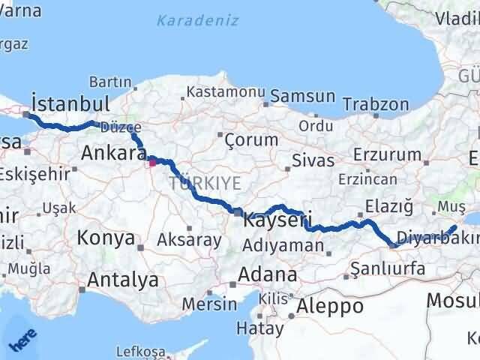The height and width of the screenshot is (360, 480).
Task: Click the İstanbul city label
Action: point(70,103)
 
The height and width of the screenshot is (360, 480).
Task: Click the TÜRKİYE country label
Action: point(205,183)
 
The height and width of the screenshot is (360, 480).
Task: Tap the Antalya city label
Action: point(123,280)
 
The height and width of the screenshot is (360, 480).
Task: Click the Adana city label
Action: point(267,274)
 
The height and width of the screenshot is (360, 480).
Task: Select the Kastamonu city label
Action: point(226,91)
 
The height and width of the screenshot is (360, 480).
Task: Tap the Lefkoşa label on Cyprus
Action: point(140,350)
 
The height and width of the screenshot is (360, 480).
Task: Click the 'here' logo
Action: point(22,341)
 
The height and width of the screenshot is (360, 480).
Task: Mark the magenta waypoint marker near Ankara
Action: point(152,161)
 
